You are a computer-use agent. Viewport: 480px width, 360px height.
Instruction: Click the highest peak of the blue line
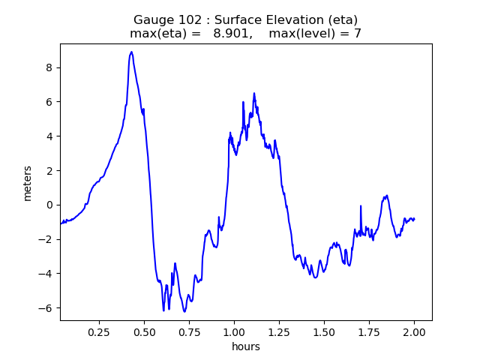[131, 52]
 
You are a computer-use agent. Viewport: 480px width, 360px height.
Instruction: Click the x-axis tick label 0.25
[99, 331]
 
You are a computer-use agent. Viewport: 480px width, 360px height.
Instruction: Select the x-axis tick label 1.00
[234, 331]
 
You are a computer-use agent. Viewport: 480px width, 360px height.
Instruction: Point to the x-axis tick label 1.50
[324, 331]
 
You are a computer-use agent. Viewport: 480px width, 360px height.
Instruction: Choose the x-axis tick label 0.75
[189, 331]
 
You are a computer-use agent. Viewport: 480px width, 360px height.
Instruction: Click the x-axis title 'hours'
[246, 346]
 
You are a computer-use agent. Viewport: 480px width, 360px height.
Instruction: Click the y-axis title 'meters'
[28, 182]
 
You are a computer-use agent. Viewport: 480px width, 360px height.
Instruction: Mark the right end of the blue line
[414, 219]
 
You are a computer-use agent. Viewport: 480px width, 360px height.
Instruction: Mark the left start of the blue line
[61, 223]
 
